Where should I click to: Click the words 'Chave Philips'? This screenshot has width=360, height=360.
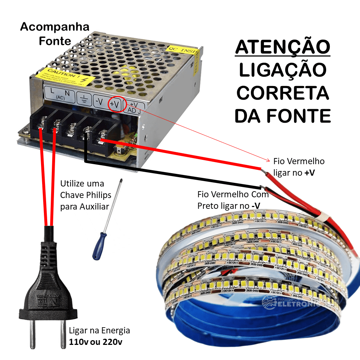click(86, 195)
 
